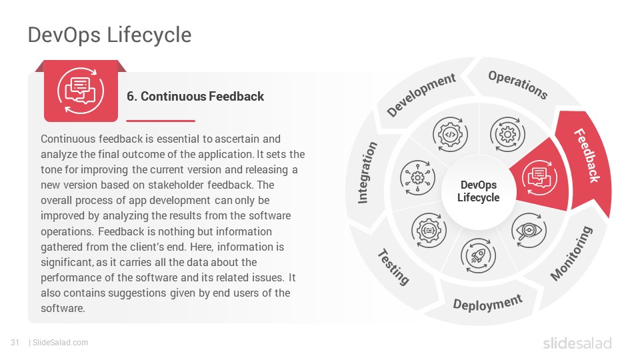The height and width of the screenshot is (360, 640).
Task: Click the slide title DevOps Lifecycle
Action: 109,35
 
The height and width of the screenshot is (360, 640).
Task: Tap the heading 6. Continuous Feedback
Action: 195,96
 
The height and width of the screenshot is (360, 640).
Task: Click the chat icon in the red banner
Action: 81,91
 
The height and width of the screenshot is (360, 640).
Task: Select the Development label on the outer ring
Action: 421,95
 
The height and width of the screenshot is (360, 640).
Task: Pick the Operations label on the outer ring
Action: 518,85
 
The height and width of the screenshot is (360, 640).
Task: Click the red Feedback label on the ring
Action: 587,155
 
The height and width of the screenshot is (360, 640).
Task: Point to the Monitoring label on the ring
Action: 571,253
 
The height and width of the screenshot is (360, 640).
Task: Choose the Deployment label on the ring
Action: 488,303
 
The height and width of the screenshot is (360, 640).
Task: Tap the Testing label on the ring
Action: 393,267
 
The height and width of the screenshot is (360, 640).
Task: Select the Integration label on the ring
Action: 367,172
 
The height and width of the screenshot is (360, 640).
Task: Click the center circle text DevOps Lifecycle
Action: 479,191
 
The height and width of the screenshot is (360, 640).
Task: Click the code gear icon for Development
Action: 450,134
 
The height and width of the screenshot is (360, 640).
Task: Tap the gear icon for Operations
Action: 507,134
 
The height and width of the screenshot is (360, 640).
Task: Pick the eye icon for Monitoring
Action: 529,230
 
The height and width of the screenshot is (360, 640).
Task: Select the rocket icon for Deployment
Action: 478,256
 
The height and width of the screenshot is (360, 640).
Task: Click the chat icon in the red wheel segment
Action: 539,178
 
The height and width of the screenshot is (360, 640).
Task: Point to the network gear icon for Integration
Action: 417,178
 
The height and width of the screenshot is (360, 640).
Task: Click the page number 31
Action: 15,343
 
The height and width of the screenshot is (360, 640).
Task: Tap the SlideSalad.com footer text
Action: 60,343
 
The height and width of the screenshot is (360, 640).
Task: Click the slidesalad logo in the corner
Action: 577,343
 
